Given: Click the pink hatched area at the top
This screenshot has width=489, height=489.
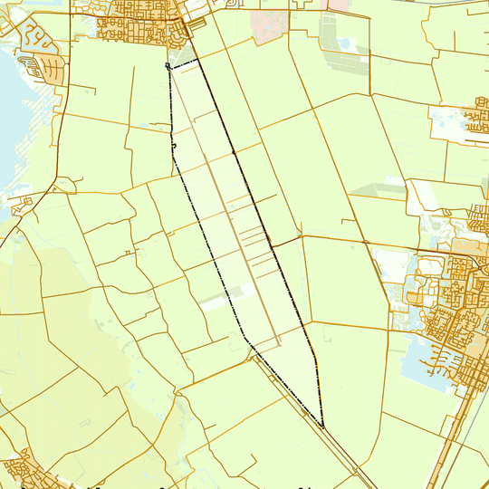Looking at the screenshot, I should (x=267, y=25).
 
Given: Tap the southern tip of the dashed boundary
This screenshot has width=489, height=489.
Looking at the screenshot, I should (x=323, y=427).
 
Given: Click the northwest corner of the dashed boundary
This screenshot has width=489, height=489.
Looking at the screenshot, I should (x=168, y=66).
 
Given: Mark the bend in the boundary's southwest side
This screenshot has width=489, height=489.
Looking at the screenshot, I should (x=244, y=340).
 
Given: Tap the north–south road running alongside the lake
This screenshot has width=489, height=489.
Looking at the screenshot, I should (x=60, y=136).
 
